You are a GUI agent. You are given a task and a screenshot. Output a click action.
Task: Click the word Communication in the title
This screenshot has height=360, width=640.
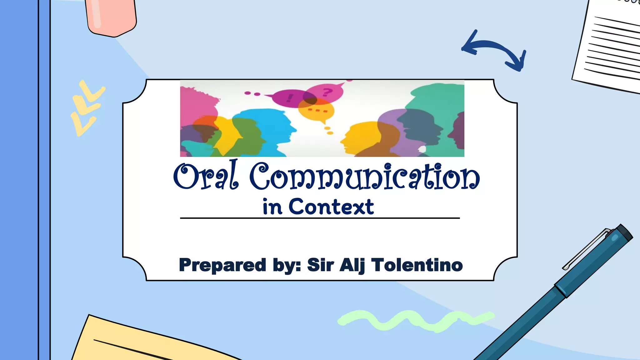pos(364,177)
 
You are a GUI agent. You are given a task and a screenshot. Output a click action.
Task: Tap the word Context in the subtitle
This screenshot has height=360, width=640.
pos(331,207)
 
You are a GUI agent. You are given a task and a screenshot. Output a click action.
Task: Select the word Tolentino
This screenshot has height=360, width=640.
pos(417,265)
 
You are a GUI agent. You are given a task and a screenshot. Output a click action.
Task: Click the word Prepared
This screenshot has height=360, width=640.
pos(222,265)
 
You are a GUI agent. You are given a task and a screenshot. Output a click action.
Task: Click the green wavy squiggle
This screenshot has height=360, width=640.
pos(416,321)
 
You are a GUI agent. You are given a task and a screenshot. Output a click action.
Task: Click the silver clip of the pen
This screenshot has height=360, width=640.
pos(586,248)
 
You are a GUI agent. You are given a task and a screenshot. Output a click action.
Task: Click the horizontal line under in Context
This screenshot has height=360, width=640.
pos(320,218)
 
